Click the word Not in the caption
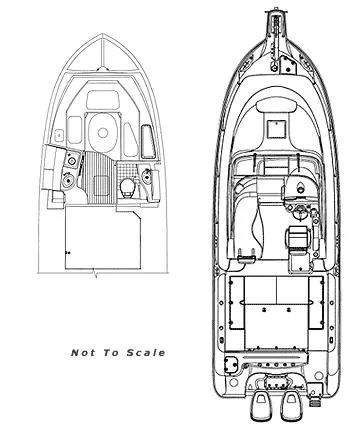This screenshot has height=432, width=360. point(84,352)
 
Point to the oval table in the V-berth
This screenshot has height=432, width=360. point(102,128)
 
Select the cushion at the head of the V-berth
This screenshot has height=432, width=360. point(102,99)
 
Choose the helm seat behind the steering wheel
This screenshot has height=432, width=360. point(296,238)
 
